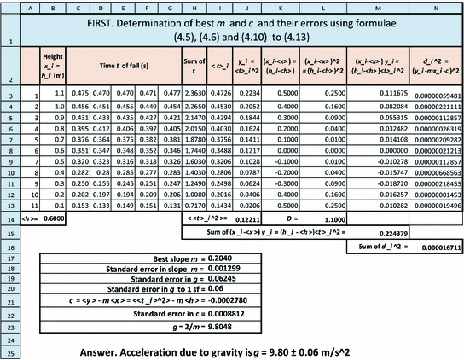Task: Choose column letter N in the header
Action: (x=435, y=9)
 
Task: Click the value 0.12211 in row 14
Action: (x=262, y=219)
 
